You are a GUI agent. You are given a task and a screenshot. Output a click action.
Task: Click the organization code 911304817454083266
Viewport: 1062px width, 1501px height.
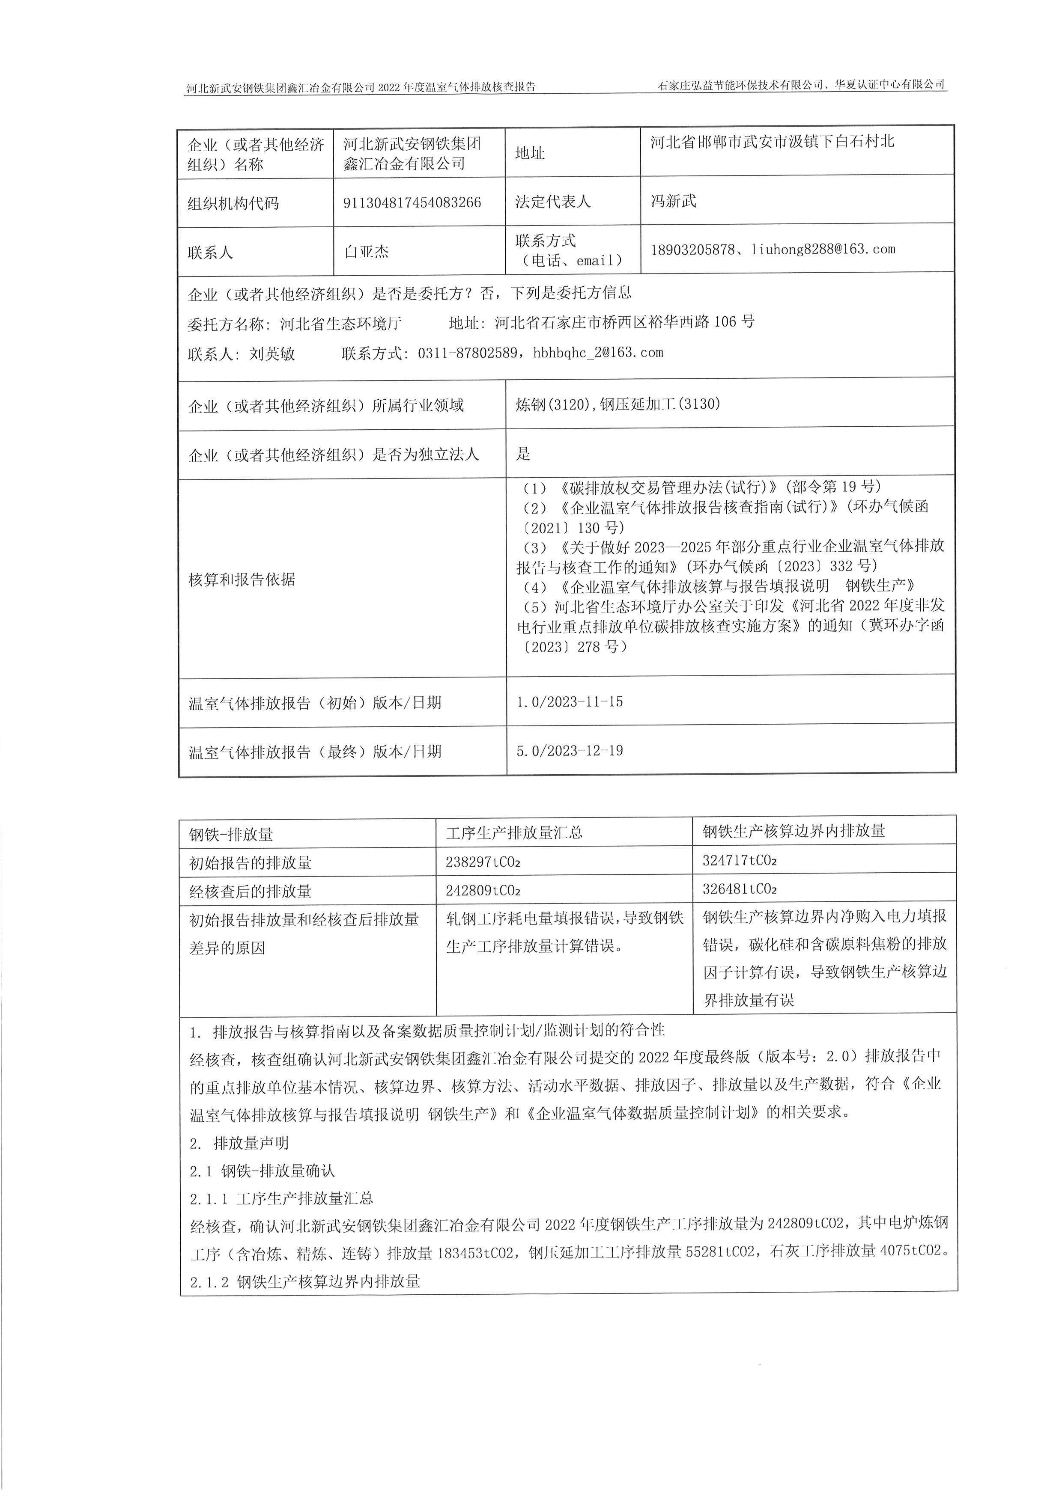point(412,203)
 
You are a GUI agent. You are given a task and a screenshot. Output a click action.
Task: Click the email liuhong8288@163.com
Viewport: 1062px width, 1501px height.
point(823,249)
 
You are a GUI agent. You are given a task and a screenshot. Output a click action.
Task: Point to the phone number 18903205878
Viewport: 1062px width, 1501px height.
point(692,250)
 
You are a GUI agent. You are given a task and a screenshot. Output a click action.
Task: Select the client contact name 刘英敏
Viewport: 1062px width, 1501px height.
point(272,354)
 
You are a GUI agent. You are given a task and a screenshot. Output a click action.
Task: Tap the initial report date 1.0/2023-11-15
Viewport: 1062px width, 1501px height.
point(570,702)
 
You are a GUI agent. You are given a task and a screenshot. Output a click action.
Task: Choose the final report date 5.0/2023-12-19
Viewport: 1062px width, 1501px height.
point(570,751)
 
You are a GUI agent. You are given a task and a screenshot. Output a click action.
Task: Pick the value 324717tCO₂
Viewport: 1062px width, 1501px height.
point(740,860)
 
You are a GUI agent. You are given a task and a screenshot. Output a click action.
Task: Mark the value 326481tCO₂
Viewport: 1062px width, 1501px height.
point(740,889)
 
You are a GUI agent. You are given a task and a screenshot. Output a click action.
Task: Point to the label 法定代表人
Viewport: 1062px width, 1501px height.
point(552,201)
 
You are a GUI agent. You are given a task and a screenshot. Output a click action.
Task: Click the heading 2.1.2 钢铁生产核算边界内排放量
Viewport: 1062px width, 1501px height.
point(305,1282)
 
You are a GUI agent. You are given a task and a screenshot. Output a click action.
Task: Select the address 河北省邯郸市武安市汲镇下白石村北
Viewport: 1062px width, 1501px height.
point(772,141)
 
